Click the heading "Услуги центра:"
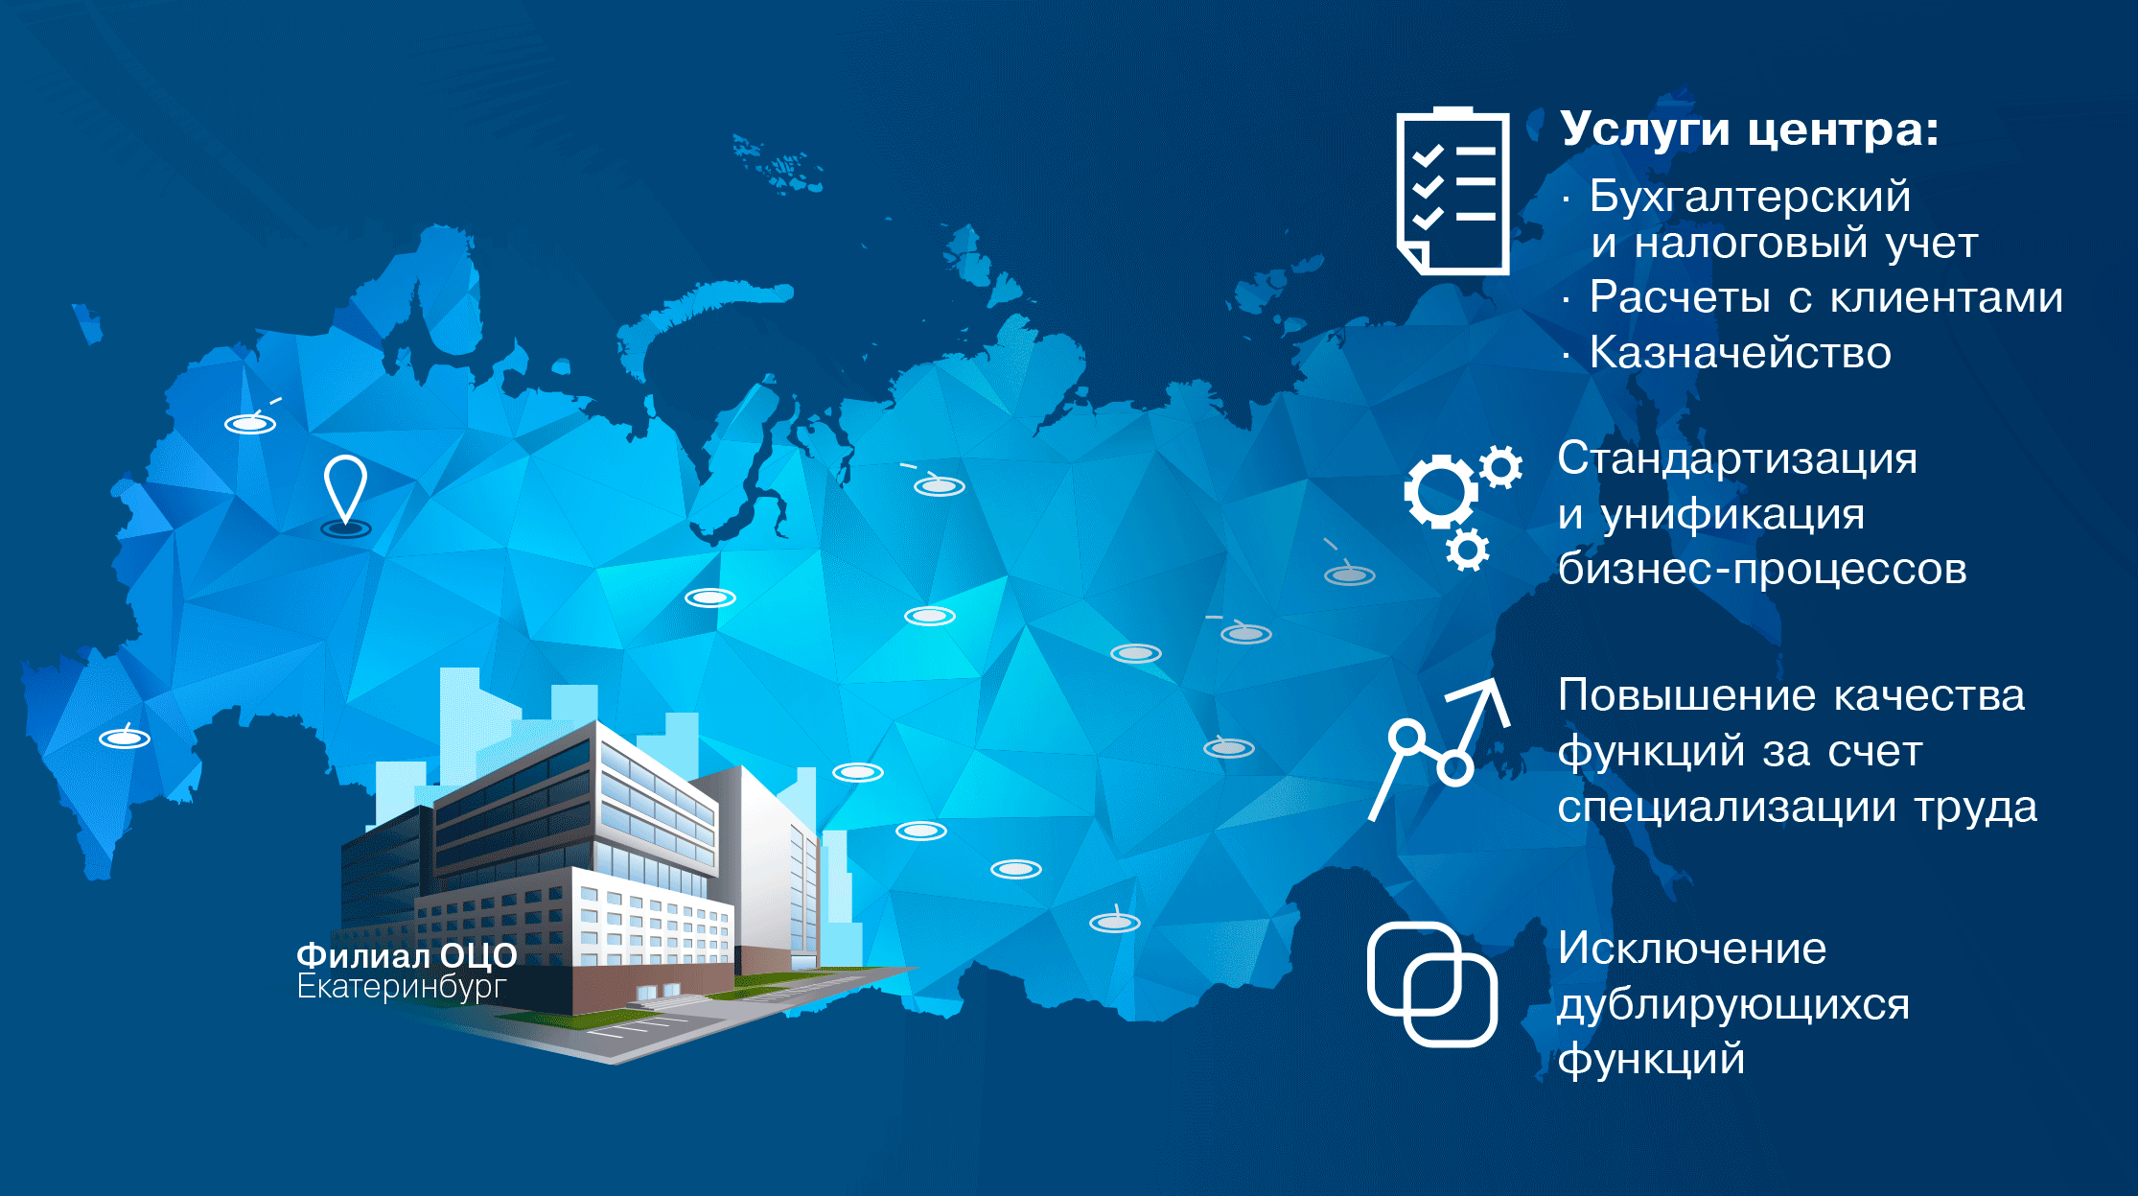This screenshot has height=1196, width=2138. click(x=1749, y=130)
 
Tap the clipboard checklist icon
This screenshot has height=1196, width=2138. click(x=1452, y=191)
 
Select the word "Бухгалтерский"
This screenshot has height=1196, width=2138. click(x=1751, y=197)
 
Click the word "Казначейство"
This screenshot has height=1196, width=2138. click(x=1740, y=353)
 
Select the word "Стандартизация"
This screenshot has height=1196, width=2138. click(x=1737, y=459)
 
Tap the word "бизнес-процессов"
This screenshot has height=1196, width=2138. click(x=1762, y=571)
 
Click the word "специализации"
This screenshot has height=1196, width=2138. click(x=1727, y=809)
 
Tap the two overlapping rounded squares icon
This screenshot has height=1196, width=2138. click(x=1432, y=984)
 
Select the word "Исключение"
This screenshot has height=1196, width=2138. click(x=1692, y=950)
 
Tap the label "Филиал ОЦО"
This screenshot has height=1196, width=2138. click(x=407, y=955)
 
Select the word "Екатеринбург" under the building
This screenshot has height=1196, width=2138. click(x=401, y=987)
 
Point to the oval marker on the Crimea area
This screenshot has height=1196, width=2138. click(x=125, y=739)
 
